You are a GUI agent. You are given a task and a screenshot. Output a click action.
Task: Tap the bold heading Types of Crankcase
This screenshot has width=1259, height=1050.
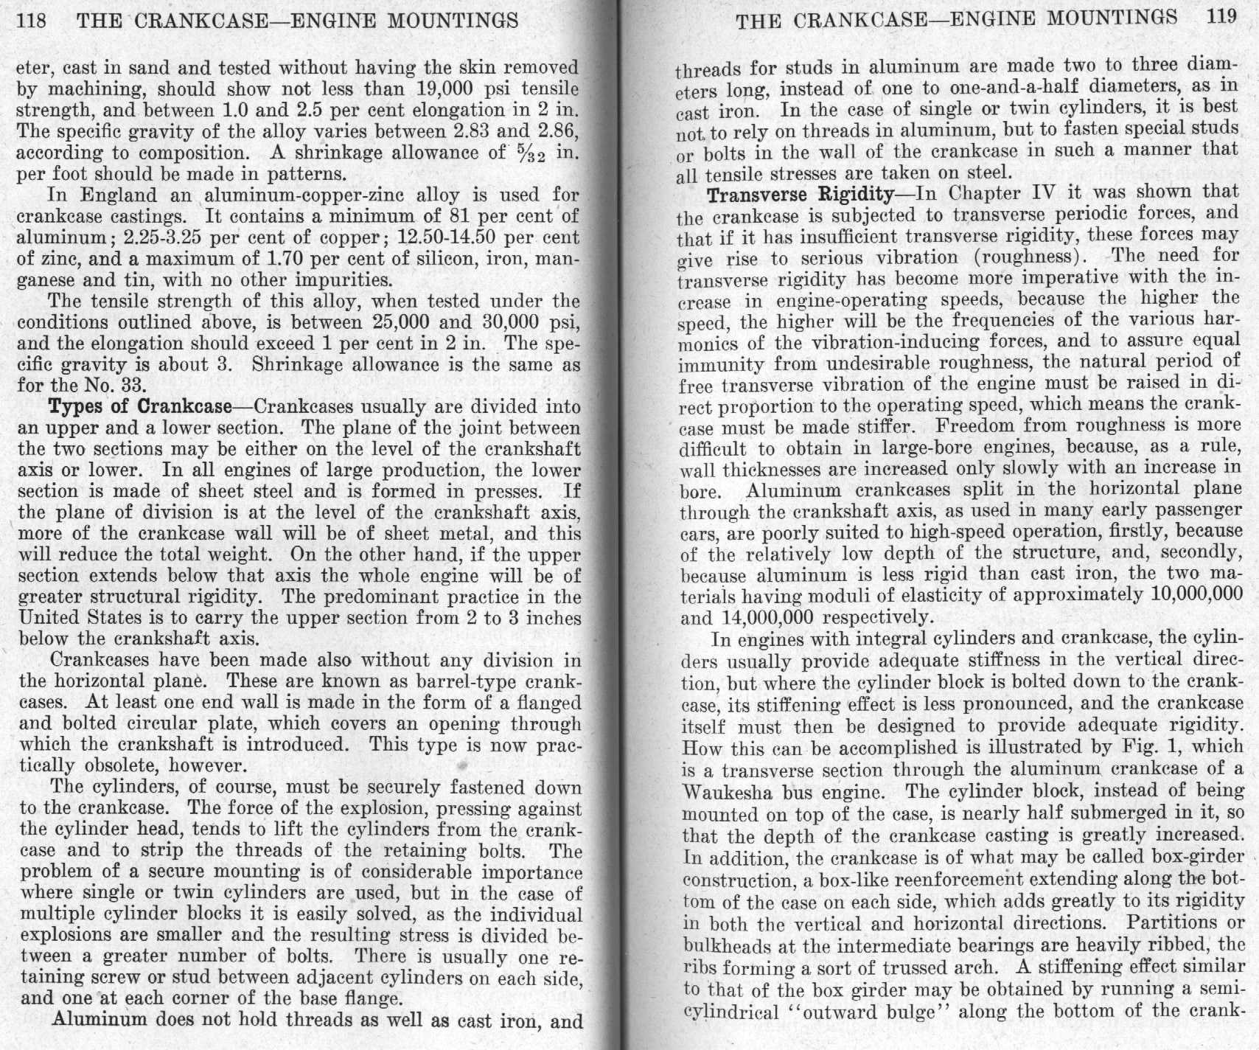[138, 406]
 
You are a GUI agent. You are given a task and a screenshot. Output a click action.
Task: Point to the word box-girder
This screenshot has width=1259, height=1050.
[1185, 857]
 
